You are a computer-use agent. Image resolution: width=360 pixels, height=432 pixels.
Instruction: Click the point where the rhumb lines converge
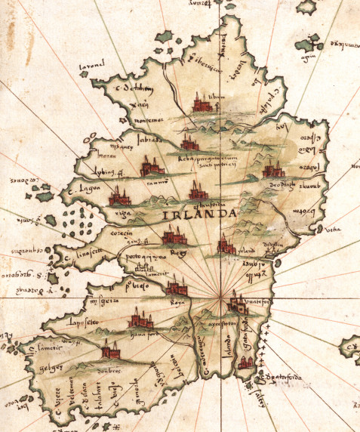pyautogui.click(x=226, y=299)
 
